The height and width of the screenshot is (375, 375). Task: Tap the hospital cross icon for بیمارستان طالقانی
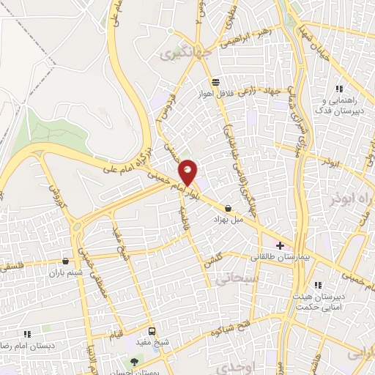[x=280, y=245]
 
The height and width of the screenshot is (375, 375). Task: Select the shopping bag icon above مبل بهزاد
[x=229, y=208]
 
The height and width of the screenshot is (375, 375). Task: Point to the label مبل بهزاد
[x=226, y=220]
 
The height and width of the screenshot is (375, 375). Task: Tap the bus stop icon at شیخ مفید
[x=152, y=330]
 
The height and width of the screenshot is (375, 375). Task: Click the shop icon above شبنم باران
[x=66, y=261]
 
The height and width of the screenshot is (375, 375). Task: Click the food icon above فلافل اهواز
[x=215, y=82]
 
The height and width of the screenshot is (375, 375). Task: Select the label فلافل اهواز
[x=215, y=94]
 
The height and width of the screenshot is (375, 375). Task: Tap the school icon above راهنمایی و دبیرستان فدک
[x=338, y=88]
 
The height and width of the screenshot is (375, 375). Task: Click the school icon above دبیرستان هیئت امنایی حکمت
[x=317, y=285]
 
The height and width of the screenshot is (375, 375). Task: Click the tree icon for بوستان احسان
[x=133, y=361]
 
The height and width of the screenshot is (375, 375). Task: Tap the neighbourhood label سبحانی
[x=234, y=278]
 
